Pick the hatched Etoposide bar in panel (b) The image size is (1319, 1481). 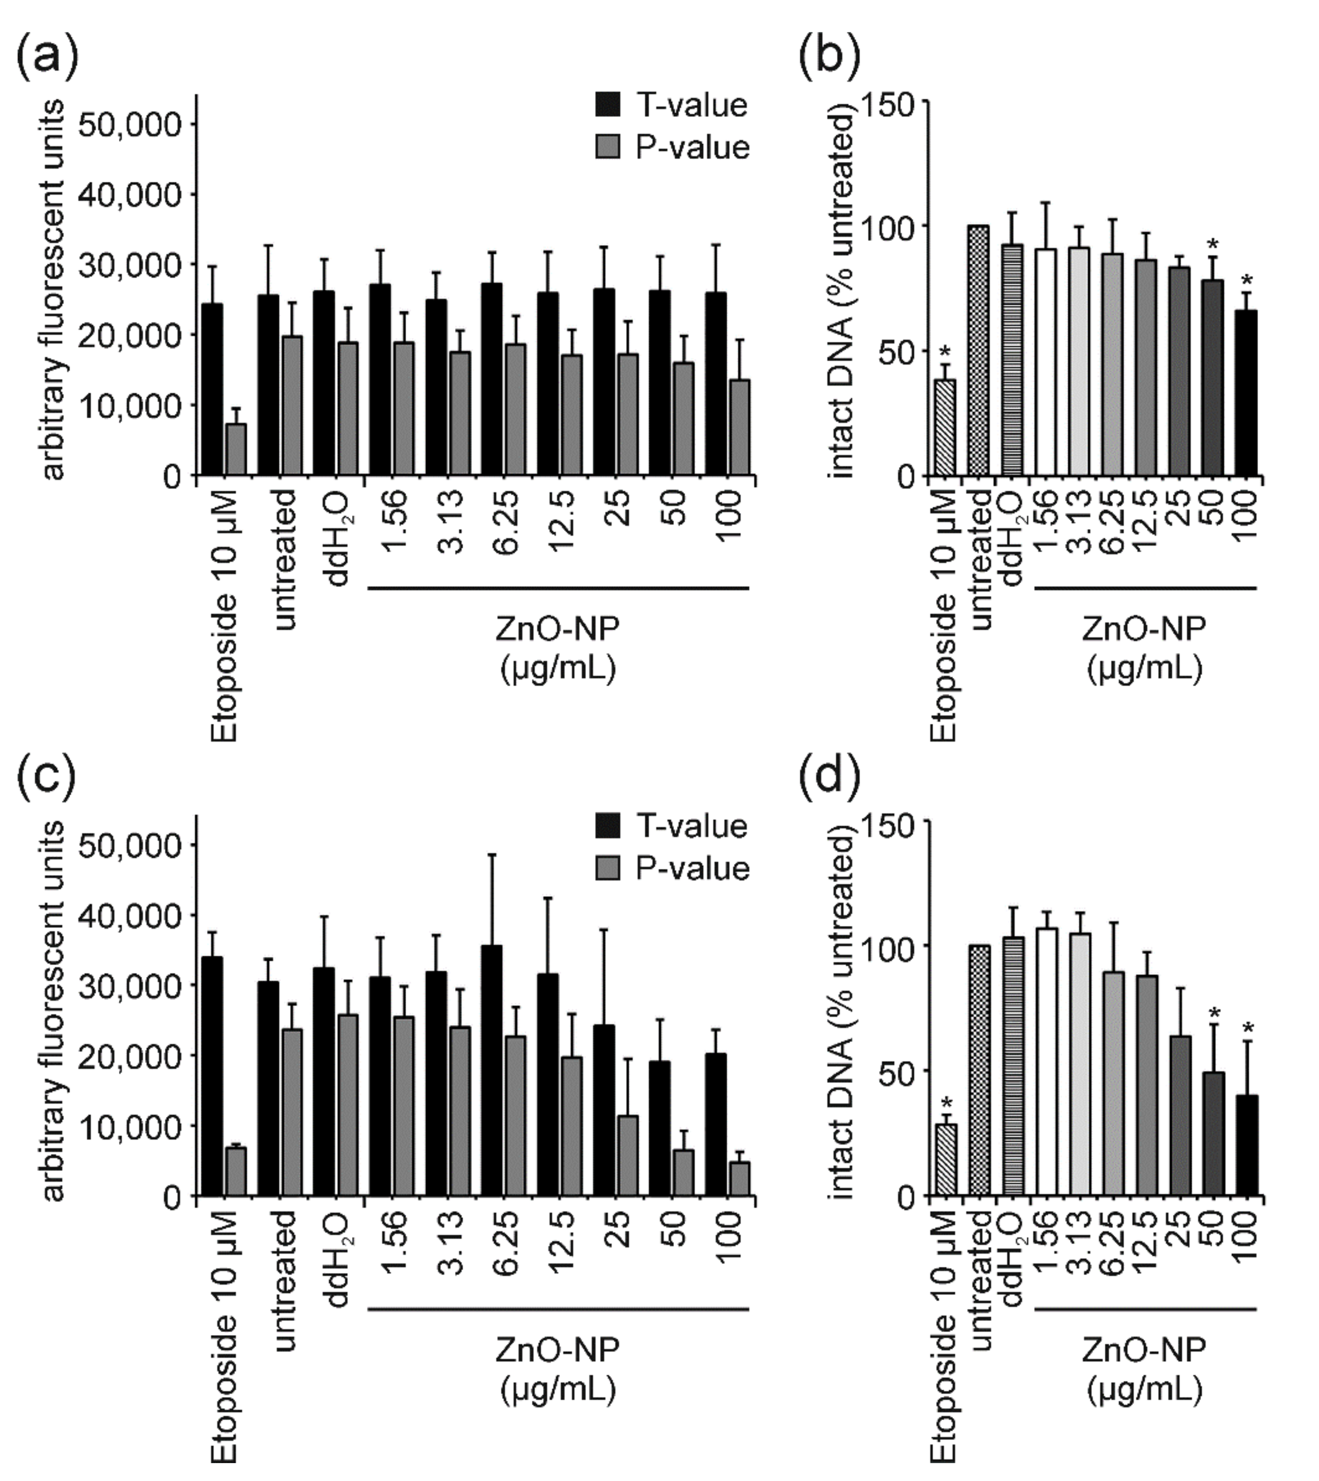coord(944,427)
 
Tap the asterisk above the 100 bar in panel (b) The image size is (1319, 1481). coord(1246,280)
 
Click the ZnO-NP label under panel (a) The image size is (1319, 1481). coord(557,629)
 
